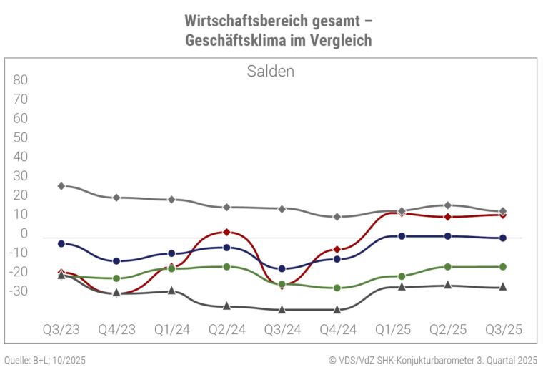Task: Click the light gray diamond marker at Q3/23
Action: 61,186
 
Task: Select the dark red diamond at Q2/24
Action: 226,233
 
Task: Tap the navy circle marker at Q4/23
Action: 116,261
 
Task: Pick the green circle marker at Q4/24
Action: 337,288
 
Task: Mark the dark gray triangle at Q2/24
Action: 226,306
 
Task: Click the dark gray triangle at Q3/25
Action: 503,287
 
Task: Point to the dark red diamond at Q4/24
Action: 337,250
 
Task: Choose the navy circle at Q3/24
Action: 282,269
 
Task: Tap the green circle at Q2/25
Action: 448,267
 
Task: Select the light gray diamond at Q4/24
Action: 337,217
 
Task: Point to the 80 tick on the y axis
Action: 20,79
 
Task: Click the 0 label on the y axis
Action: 24,234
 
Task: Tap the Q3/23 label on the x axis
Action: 61,331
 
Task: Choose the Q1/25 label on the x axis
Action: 392,331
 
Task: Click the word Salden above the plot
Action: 271,72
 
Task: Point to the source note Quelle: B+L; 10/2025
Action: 45,361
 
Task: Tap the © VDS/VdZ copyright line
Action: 434,361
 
